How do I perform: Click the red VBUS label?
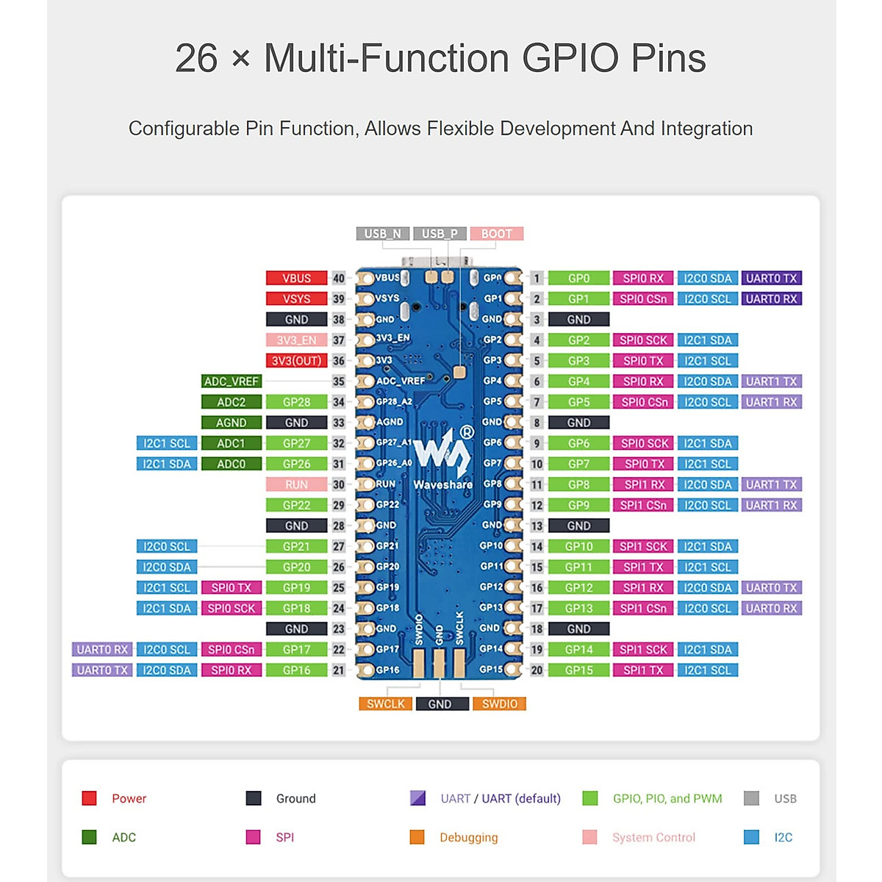click(x=296, y=279)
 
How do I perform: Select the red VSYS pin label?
click(x=296, y=299)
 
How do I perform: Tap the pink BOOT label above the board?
click(x=496, y=234)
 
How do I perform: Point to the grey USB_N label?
click(x=383, y=234)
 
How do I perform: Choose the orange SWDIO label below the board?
click(x=499, y=704)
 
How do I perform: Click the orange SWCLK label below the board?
click(x=385, y=704)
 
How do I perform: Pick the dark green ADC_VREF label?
click(x=231, y=381)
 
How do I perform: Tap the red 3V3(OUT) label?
click(x=296, y=361)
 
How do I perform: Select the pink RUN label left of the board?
click(x=296, y=484)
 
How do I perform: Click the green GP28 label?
click(x=296, y=402)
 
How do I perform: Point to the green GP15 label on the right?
click(x=578, y=670)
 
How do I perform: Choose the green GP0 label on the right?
click(x=578, y=279)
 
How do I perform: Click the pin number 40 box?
click(x=338, y=279)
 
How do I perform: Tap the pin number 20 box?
click(x=537, y=670)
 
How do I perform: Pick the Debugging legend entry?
click(x=468, y=837)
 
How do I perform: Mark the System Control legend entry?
click(x=653, y=837)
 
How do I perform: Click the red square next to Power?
click(x=90, y=798)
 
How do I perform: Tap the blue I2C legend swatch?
click(x=751, y=837)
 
